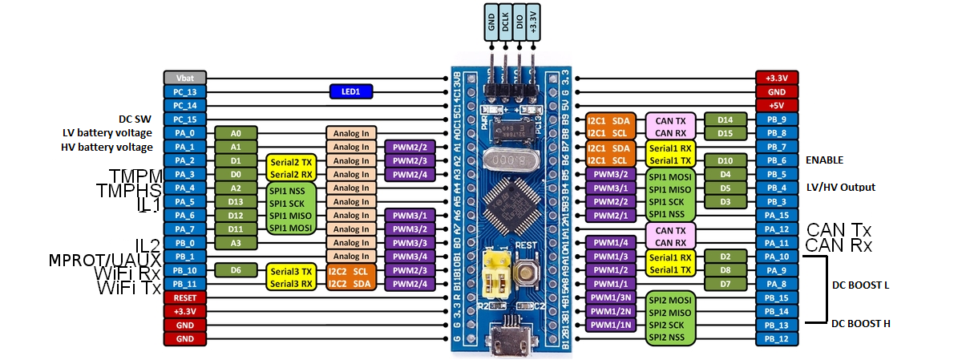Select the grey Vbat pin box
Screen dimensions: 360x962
pyautogui.click(x=185, y=78)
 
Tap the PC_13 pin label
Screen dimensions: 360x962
pyautogui.click(x=185, y=91)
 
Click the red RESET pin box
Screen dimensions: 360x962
pyautogui.click(x=185, y=297)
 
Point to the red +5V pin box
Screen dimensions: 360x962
pyautogui.click(x=776, y=105)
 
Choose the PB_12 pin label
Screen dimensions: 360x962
pyautogui.click(x=776, y=338)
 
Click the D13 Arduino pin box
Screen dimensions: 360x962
pyautogui.click(x=236, y=201)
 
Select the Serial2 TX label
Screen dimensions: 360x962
pyautogui.click(x=289, y=161)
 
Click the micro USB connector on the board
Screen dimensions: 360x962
pyautogui.click(x=507, y=335)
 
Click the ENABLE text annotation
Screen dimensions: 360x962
pyautogui.click(x=825, y=160)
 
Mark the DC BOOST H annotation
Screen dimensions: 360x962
pyautogui.click(x=860, y=324)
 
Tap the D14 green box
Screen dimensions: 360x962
pyautogui.click(x=726, y=119)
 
